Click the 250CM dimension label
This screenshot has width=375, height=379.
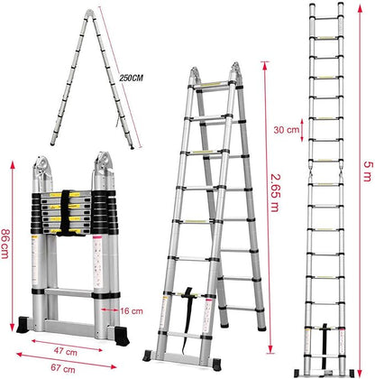[133, 79]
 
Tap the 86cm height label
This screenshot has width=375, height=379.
[7, 242]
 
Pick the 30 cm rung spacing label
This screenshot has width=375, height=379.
[287, 130]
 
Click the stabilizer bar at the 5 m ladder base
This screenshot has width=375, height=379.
[325, 369]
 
